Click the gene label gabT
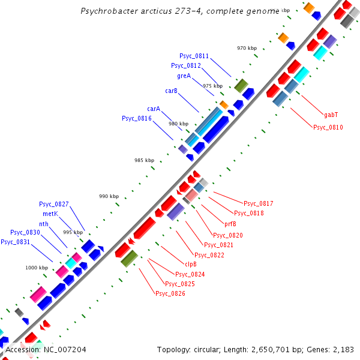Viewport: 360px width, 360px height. [x=331, y=114]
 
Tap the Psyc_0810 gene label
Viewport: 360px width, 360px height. [x=328, y=127]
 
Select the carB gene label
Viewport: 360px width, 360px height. [x=171, y=91]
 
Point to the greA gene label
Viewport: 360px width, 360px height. [x=184, y=76]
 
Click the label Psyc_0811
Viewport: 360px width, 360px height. [x=194, y=56]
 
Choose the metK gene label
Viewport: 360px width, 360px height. [x=50, y=214]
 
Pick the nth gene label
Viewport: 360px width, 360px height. [x=44, y=224]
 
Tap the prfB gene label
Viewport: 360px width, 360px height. [x=230, y=224]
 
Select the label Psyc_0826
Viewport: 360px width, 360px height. [x=170, y=293]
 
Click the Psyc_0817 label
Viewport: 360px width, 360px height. [x=258, y=203]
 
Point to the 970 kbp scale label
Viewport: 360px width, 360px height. [x=247, y=48]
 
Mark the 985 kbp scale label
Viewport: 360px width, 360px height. [x=144, y=160]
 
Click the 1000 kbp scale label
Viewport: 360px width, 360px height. [x=36, y=268]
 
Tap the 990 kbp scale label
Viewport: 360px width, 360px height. [x=109, y=197]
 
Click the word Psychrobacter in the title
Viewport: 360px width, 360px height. [x=108, y=11]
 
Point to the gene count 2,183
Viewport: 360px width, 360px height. [x=341, y=349]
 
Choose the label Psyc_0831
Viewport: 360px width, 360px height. [x=16, y=242]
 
